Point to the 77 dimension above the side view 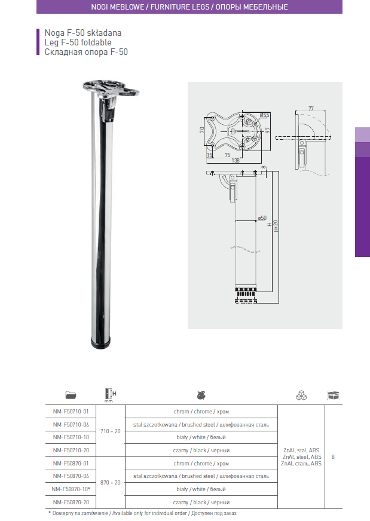click(311, 109)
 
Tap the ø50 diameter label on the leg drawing click(262, 217)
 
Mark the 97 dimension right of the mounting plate click(268, 129)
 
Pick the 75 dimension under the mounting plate click(227, 155)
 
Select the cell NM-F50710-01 click(71, 412)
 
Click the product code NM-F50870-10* click(71, 489)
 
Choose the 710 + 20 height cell click(110, 431)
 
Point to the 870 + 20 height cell click(110, 483)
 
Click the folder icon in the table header click(71, 395)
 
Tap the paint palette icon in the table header click(201, 395)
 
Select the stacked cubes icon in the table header click(301, 395)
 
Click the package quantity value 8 click(332, 457)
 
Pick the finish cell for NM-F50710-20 click(201, 450)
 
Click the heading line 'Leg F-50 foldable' click(78, 42)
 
